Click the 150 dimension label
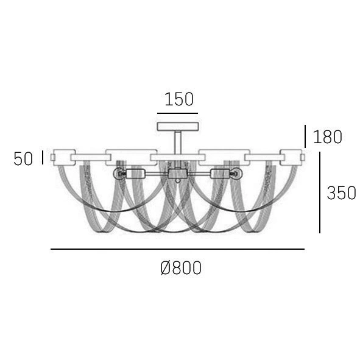(179, 99)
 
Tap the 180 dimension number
(328, 137)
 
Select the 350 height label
(341, 193)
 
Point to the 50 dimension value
(23, 159)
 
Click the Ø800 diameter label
(181, 268)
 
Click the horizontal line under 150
(177, 113)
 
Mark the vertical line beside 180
(305, 136)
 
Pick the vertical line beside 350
(320, 192)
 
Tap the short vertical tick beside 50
(43, 157)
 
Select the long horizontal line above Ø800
(177, 249)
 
